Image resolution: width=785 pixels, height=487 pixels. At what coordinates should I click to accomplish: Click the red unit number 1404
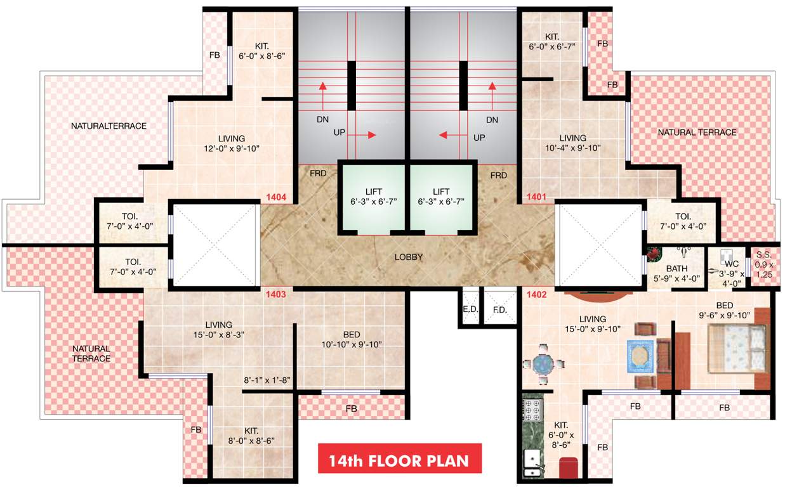[277, 198]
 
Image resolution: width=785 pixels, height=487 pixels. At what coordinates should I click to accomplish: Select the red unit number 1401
[536, 198]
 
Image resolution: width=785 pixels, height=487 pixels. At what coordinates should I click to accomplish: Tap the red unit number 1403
[277, 294]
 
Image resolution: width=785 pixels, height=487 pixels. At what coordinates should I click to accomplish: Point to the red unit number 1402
[536, 294]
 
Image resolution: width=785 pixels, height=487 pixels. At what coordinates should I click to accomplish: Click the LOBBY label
[408, 257]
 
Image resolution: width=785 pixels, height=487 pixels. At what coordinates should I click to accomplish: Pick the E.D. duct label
[470, 310]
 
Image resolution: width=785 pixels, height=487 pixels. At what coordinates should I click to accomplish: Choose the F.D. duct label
[499, 310]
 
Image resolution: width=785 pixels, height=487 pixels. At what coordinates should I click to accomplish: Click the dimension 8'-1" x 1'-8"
[267, 381]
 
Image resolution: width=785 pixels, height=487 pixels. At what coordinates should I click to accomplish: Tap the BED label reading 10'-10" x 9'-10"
[352, 340]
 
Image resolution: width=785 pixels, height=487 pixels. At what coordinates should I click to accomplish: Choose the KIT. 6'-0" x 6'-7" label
[551, 41]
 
